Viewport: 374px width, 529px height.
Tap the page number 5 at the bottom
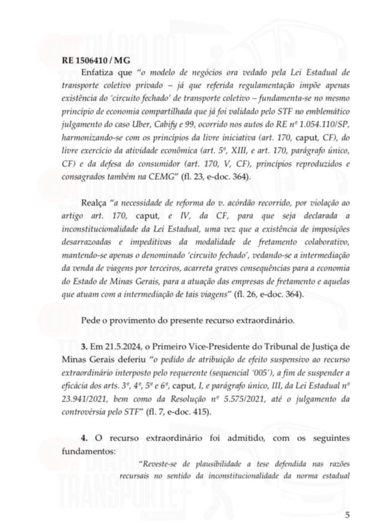tap(348, 515)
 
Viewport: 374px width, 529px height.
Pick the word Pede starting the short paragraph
tap(91, 320)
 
